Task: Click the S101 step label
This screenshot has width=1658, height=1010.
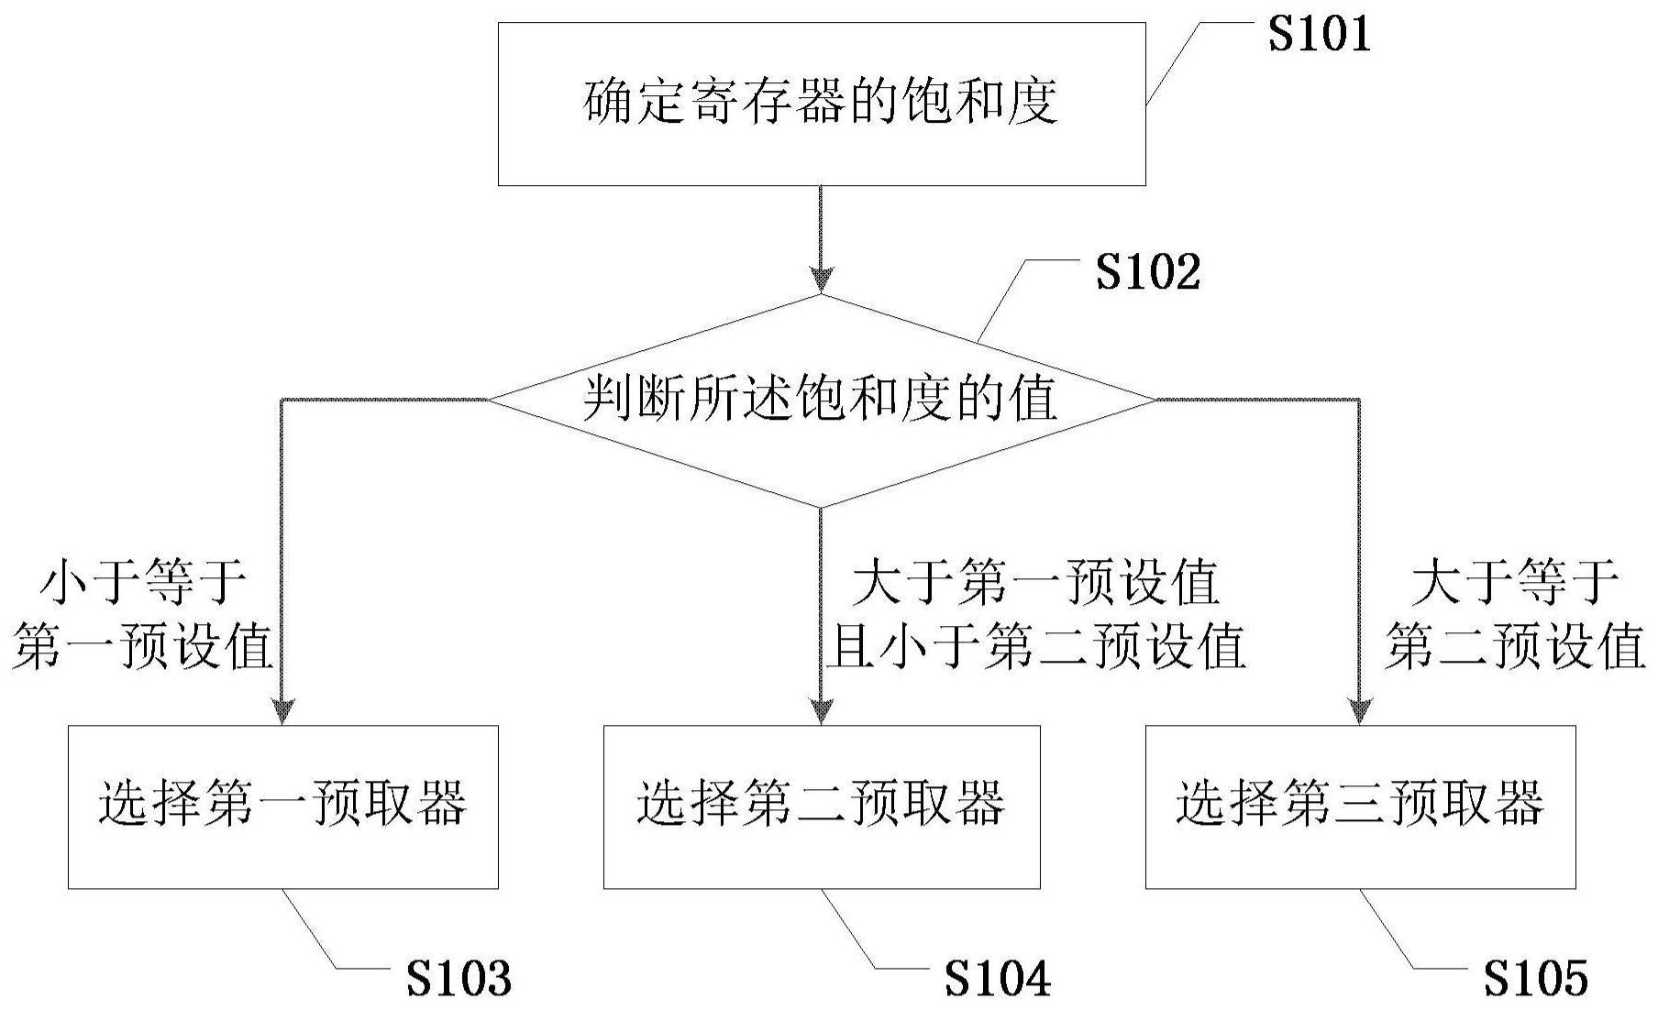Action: pyautogui.click(x=1319, y=35)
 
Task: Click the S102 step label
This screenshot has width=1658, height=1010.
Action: pyautogui.click(x=1147, y=273)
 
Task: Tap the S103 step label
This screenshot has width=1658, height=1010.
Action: pyautogui.click(x=459, y=979)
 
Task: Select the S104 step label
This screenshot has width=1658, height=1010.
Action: pyautogui.click(x=998, y=979)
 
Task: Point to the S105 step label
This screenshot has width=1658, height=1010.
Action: pyautogui.click(x=1535, y=979)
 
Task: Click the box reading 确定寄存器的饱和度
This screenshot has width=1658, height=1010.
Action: pyautogui.click(x=821, y=104)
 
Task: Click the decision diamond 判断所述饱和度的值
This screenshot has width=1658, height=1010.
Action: pyautogui.click(x=821, y=401)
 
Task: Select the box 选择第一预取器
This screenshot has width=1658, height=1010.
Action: pyautogui.click(x=282, y=807)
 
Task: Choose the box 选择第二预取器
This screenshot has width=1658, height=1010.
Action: pyautogui.click(x=821, y=807)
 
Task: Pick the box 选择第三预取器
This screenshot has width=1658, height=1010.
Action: pyautogui.click(x=1360, y=807)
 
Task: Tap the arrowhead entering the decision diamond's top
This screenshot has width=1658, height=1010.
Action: pyautogui.click(x=821, y=280)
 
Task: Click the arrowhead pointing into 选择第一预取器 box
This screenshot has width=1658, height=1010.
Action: pyautogui.click(x=282, y=711)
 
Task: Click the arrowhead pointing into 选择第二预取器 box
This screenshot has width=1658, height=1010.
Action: pyautogui.click(x=821, y=711)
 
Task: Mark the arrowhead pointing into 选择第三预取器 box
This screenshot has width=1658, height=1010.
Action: pyautogui.click(x=1360, y=711)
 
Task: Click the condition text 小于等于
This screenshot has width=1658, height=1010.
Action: pyautogui.click(x=144, y=583)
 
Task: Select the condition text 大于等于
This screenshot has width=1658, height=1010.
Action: pyautogui.click(x=1514, y=583)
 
